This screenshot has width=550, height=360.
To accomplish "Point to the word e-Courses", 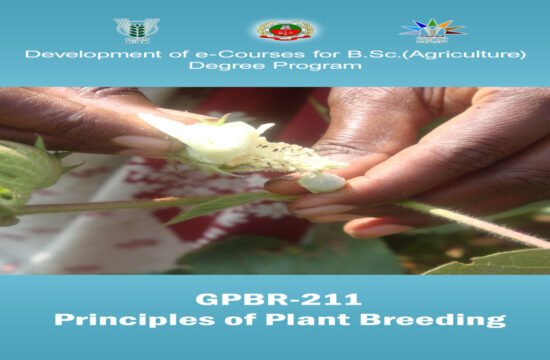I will click(x=185, y=53).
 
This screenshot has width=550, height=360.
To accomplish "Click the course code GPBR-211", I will click(x=274, y=299).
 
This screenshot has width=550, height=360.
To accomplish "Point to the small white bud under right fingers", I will click(x=321, y=181).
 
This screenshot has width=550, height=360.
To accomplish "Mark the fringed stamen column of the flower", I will click(x=275, y=155).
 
